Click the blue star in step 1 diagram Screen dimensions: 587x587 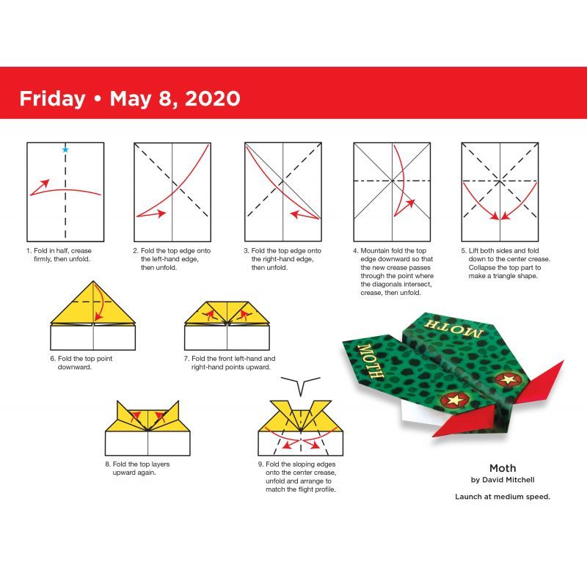tap(65, 150)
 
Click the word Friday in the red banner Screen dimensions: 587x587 tap(51, 98)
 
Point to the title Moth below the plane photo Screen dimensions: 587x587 tap(503, 467)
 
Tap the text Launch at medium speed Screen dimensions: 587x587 tap(503, 497)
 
